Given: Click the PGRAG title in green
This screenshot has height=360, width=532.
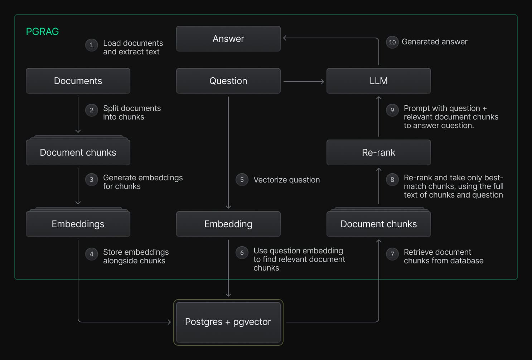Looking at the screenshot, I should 42,31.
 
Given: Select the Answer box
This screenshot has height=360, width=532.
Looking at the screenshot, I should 228,39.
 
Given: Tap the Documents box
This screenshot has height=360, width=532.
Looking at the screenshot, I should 78,81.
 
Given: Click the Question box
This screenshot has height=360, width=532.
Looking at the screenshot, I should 228,81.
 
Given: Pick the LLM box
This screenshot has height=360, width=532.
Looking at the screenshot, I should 378,81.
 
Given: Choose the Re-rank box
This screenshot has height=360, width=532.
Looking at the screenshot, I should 378,152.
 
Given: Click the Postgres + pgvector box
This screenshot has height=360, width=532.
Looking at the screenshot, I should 228,322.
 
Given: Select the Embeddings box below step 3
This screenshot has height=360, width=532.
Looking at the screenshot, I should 78,224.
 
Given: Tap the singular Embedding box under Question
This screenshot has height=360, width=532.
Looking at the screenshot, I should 228,224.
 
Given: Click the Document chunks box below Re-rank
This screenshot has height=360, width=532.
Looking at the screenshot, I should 378,224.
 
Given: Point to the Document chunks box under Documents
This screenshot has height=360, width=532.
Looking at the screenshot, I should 78,152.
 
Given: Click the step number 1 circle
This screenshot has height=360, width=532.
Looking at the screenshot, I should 92,45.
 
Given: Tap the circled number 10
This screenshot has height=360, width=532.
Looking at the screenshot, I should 392,42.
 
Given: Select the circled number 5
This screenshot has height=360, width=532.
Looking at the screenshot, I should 242,180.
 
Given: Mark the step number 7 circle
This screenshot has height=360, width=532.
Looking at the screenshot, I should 392,254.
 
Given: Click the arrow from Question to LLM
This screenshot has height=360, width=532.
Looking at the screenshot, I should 304,82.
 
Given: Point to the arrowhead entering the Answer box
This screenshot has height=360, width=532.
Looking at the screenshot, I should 285,38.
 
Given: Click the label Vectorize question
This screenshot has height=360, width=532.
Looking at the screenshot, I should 286,180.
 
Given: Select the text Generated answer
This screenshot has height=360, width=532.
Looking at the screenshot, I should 434,42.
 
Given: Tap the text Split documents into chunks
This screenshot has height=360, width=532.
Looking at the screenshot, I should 132,112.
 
